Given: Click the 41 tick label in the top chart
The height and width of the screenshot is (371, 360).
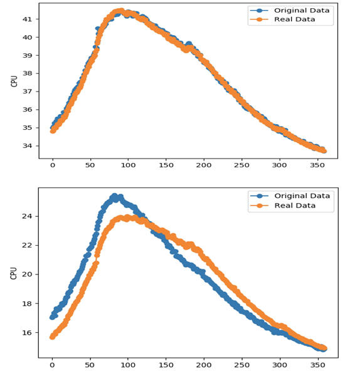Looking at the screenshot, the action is click(x=27, y=19).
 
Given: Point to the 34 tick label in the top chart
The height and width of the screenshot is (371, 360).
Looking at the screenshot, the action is click(x=27, y=146).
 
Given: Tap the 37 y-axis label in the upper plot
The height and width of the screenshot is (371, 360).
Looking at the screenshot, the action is click(x=27, y=91).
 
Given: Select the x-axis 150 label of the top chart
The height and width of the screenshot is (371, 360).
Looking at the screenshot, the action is click(x=166, y=165).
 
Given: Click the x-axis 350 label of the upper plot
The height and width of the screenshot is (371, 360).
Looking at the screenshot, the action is click(x=317, y=165).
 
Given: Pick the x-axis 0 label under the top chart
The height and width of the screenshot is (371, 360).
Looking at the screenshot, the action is click(x=53, y=165).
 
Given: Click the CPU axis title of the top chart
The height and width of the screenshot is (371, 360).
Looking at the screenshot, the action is click(x=14, y=81).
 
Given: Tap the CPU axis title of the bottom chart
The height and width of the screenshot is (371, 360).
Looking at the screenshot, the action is click(x=14, y=273).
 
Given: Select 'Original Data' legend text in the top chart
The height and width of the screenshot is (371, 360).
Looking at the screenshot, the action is click(x=302, y=11).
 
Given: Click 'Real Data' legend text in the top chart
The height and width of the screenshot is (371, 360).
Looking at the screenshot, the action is click(x=295, y=19).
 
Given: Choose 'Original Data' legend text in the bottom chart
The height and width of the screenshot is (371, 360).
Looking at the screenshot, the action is click(x=302, y=196).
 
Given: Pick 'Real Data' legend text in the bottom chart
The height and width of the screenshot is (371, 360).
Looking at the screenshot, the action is click(x=295, y=206).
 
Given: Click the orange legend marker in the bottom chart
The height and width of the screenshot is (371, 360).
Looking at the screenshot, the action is click(x=260, y=206).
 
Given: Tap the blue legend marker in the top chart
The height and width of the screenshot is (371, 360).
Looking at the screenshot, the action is click(x=260, y=11).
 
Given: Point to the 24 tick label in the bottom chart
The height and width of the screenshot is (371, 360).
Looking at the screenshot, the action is click(x=27, y=216).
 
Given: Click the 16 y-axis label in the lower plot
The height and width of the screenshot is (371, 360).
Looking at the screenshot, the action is click(x=27, y=333).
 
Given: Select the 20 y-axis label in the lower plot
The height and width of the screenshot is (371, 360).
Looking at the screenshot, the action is click(x=27, y=274).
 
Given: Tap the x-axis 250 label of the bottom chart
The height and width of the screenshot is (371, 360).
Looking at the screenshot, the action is click(x=241, y=365).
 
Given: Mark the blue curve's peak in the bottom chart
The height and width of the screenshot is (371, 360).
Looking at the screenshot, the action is click(x=115, y=196).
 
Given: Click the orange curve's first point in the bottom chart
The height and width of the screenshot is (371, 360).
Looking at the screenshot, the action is click(x=52, y=337).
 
